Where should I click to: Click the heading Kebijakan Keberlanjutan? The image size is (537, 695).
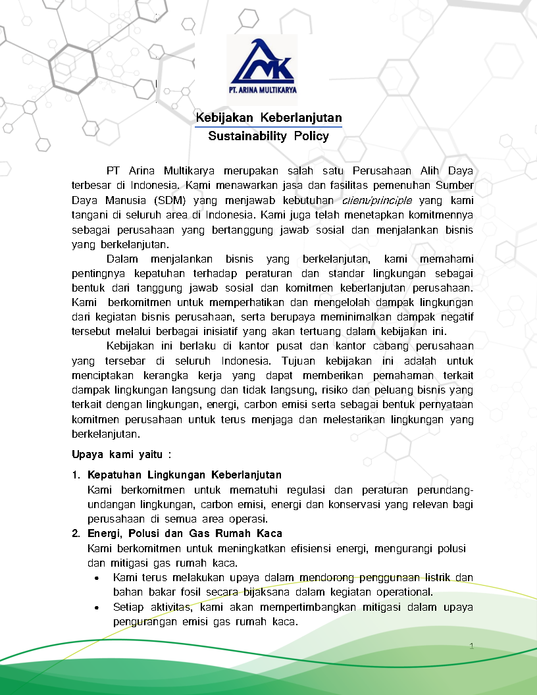coord(268,118)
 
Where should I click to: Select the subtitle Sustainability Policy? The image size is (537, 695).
coord(268,137)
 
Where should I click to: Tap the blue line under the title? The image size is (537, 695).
coord(268,126)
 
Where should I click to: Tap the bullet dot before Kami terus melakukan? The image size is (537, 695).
coord(97,578)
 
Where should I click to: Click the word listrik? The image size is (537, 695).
coord(434,577)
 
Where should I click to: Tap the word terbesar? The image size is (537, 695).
coord(89,185)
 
